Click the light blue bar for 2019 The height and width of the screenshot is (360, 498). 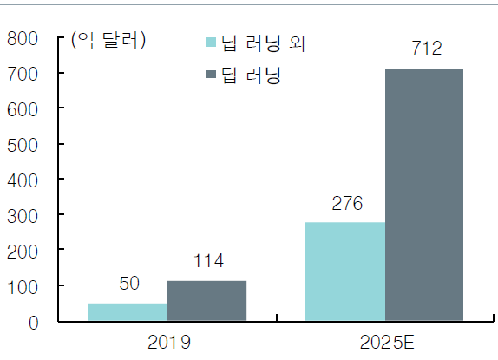[x=128, y=312]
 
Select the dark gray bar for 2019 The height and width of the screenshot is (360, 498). [x=206, y=301]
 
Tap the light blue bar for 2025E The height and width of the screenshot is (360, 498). [x=344, y=272]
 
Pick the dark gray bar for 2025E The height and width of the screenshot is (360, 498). [x=423, y=195]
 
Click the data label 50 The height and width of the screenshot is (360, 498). [x=128, y=285]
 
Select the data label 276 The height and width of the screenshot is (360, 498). [x=345, y=204]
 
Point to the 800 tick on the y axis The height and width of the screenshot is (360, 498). [x=23, y=39]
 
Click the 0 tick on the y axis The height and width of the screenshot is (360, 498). [x=34, y=322]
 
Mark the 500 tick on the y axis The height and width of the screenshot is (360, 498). [x=23, y=145]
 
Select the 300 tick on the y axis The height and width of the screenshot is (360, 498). [x=23, y=215]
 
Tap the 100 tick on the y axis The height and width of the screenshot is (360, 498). [x=23, y=286]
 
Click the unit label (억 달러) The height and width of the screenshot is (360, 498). [x=108, y=40]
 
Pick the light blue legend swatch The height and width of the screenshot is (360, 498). [x=210, y=42]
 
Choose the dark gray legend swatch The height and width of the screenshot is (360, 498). [x=210, y=74]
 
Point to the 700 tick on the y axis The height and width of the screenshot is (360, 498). [x=23, y=75]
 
